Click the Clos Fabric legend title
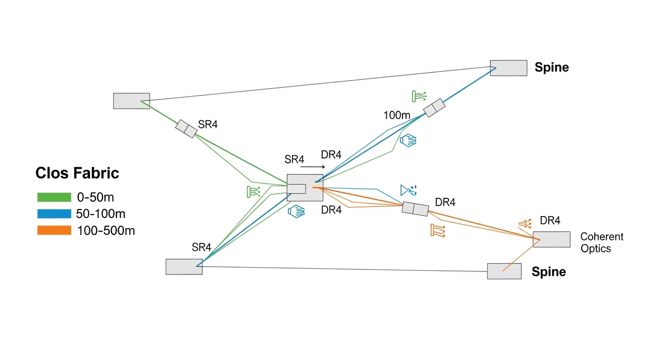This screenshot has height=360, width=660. [x=77, y=173]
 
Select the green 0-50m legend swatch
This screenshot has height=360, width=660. [x=54, y=197]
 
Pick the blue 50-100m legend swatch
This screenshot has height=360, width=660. [x=54, y=214]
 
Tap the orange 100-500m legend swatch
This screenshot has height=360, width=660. [x=54, y=230]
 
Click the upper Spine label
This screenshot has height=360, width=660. [x=552, y=67]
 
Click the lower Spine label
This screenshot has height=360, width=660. [x=548, y=272]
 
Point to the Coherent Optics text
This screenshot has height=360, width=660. [x=602, y=242]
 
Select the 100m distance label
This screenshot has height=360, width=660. [x=397, y=115]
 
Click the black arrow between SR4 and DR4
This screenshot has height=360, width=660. [x=312, y=166]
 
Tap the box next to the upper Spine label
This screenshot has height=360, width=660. [x=509, y=68]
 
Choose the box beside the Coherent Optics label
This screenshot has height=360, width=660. [x=552, y=239]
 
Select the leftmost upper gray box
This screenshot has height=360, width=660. [x=132, y=101]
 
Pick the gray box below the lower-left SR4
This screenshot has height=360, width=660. [x=184, y=266]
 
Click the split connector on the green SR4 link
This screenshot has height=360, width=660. [x=186, y=128]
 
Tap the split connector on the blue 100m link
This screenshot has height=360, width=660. [x=434, y=108]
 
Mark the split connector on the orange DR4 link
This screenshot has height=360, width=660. [x=415, y=209]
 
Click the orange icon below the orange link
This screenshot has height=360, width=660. [x=437, y=230]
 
